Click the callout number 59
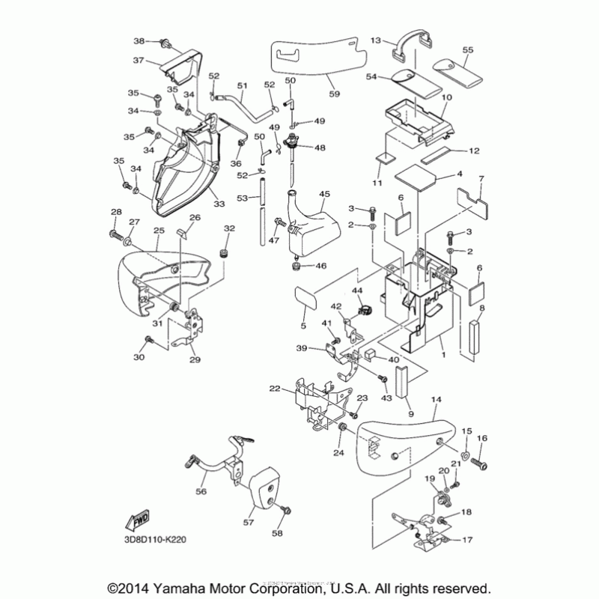tap(335, 94)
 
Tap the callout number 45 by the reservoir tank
tap(324, 194)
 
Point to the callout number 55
tap(468, 49)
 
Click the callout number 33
tap(219, 204)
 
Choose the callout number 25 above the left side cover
tap(159, 231)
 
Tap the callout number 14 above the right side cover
tap(437, 402)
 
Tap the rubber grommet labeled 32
tap(222, 255)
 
